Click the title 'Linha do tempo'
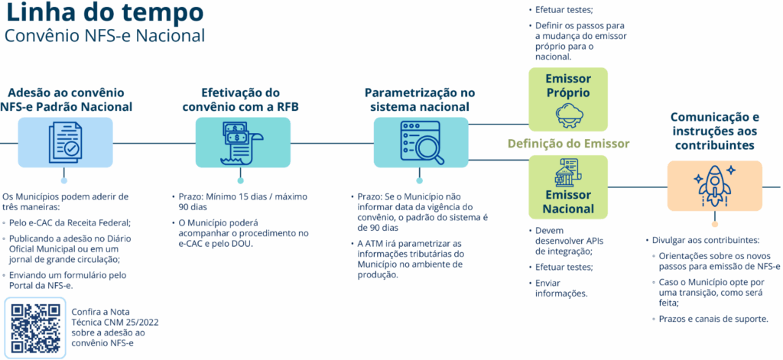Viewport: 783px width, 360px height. point(104,14)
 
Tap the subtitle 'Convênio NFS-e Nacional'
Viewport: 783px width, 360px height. point(104,36)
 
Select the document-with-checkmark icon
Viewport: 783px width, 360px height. point(63,142)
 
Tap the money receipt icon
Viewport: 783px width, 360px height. point(242,142)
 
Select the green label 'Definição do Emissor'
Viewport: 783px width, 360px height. point(568,144)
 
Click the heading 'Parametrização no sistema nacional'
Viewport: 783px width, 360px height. point(420,99)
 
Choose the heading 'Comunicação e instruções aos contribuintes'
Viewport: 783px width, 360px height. point(714,131)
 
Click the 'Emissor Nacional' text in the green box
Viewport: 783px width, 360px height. point(568,201)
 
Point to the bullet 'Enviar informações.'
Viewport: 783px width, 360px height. point(559,288)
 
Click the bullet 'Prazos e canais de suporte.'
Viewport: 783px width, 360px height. point(713,318)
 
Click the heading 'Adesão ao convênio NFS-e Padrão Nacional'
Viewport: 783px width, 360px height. point(67,99)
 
